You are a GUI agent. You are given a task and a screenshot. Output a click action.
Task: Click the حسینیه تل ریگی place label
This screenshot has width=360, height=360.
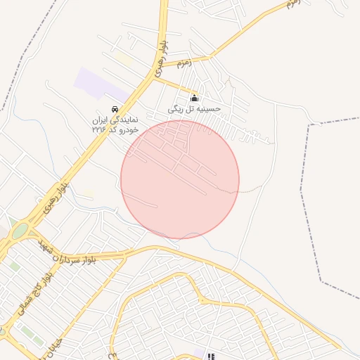[195, 109]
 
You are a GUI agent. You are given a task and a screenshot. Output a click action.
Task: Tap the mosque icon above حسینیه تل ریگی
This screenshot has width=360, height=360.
[195, 98]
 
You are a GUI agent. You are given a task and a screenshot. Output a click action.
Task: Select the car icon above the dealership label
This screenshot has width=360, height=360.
[115, 109]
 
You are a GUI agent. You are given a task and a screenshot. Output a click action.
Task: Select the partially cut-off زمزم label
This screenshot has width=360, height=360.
[293, 4]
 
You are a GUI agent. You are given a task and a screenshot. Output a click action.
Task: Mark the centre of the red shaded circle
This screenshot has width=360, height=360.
[180, 180]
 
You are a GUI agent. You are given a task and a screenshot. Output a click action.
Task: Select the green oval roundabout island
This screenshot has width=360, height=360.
[19, 231]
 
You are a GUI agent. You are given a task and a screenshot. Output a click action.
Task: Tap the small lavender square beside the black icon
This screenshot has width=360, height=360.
[200, 353]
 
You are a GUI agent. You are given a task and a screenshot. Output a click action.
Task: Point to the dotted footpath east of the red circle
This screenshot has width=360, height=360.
[250, 189]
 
